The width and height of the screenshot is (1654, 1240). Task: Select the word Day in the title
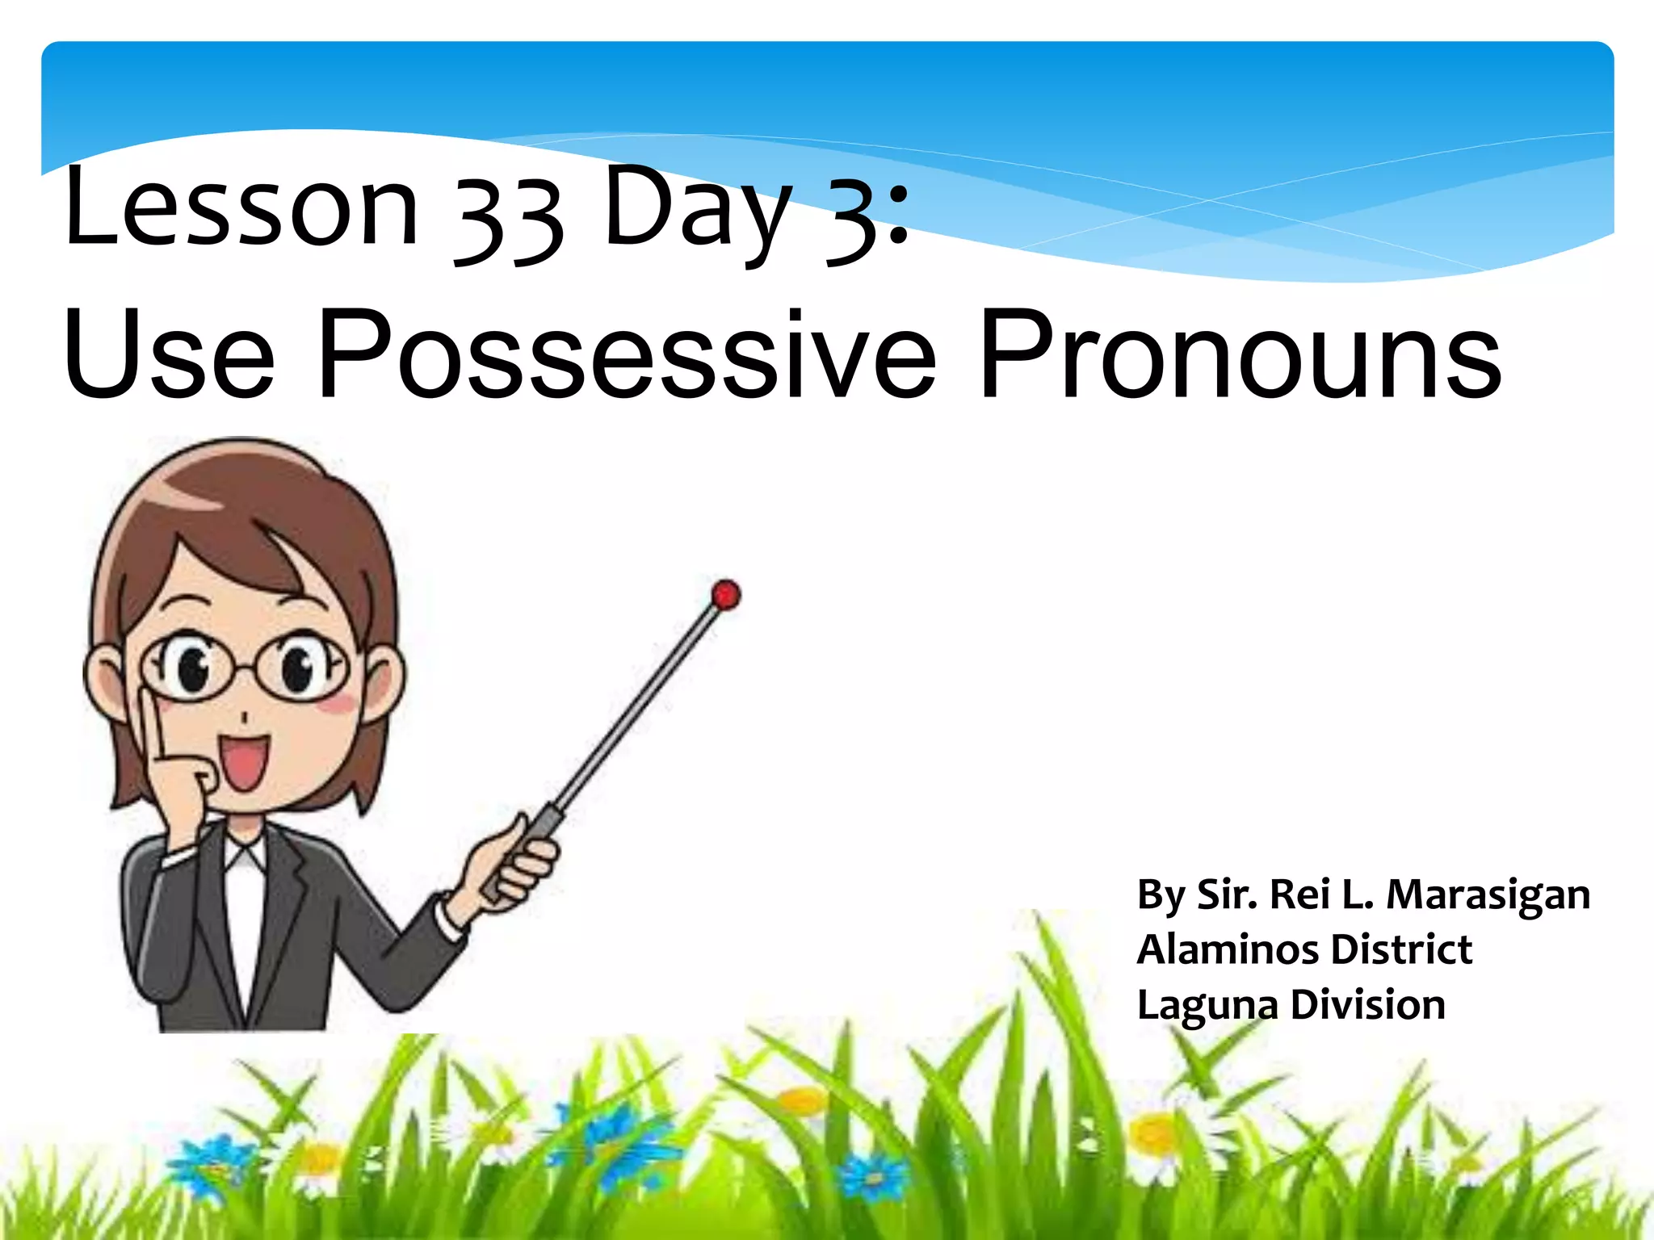(x=697, y=212)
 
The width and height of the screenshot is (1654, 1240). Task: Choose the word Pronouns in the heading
(x=1240, y=355)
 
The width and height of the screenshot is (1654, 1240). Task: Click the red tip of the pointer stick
(x=726, y=595)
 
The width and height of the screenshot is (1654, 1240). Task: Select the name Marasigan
(x=1488, y=895)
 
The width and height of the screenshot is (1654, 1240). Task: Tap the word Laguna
(x=1207, y=1006)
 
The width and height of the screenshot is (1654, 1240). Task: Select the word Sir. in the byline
(x=1226, y=894)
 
